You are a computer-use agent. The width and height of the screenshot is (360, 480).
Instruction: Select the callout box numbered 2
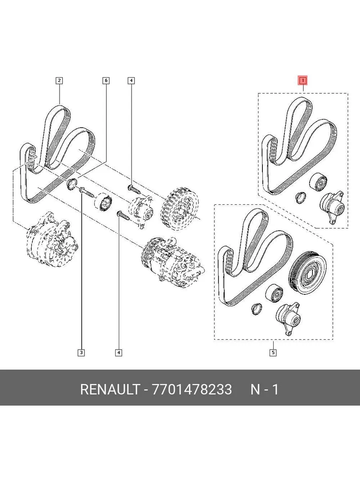point(59,81)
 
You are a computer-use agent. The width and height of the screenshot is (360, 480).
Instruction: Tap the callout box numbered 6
point(106,81)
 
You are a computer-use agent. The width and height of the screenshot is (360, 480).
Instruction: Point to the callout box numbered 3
point(81,352)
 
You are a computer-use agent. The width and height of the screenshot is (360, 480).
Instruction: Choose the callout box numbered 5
point(273,352)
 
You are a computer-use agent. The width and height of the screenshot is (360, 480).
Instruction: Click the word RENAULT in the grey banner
point(109,389)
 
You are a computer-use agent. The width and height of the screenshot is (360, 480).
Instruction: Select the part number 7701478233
point(192,389)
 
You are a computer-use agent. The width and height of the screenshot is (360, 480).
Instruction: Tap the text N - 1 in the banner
point(264,389)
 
